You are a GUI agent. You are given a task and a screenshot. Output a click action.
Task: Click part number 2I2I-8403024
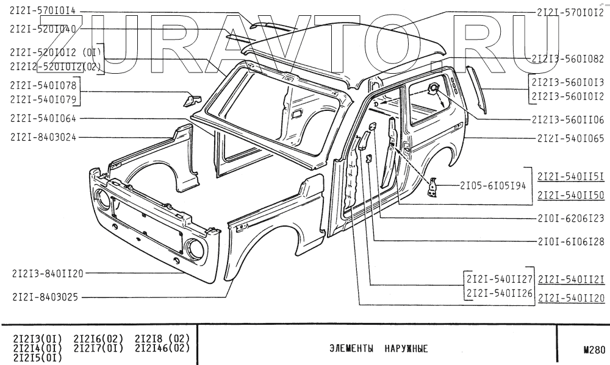[x=43, y=137]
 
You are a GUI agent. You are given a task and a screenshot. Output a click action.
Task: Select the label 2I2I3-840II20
[x=47, y=274]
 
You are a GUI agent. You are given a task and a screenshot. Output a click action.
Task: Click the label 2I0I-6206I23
[x=570, y=218]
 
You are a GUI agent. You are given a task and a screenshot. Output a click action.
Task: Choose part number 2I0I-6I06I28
[x=570, y=242]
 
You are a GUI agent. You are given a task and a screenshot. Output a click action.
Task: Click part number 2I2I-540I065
[x=570, y=139]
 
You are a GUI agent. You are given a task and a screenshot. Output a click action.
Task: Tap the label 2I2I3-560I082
[x=567, y=59]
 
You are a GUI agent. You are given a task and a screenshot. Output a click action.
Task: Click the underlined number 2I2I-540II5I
[x=570, y=177]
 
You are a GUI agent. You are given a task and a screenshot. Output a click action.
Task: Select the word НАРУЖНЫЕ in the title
[x=406, y=350]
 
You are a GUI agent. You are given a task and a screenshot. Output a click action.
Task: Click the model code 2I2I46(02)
[x=162, y=349]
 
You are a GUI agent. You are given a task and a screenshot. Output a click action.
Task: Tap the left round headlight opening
[x=101, y=199]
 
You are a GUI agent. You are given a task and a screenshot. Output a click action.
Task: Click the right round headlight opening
[x=195, y=248]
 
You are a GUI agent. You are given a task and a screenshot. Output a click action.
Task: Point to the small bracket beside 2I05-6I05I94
[x=433, y=187]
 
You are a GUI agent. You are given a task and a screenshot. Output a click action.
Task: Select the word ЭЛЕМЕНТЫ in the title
[x=351, y=350]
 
